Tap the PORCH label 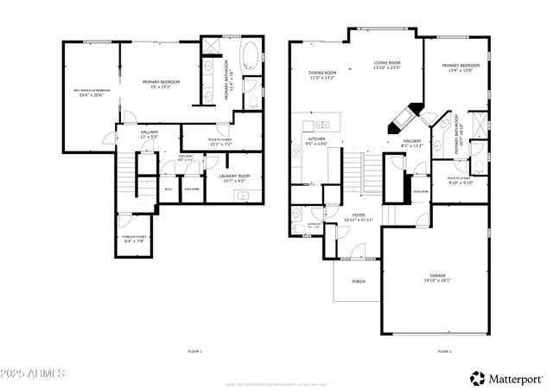[358, 282]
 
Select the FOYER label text [359, 215]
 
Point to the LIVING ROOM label [387, 62]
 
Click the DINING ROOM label [322, 73]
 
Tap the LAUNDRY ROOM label [233, 176]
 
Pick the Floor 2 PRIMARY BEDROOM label [460, 66]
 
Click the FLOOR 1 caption [194, 351]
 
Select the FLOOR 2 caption [444, 351]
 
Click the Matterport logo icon [477, 377]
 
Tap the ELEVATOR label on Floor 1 [191, 189]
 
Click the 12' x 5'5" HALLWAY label [149, 135]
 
